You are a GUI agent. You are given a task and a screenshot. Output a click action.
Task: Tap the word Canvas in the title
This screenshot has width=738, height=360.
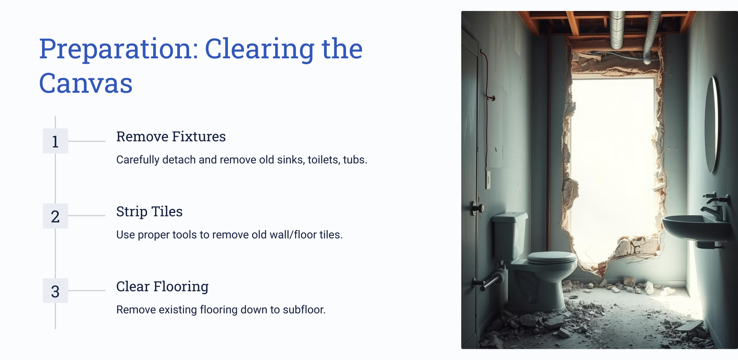[86, 83]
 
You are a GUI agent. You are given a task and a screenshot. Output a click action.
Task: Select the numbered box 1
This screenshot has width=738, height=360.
[55, 141]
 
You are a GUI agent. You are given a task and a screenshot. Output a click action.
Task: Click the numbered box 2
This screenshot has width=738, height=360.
[55, 216]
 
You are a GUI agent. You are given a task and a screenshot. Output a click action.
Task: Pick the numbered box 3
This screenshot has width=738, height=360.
[55, 290]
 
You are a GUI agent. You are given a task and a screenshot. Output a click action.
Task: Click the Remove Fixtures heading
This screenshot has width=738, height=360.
[171, 136]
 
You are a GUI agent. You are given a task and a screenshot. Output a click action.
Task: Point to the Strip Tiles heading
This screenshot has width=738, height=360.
[149, 212]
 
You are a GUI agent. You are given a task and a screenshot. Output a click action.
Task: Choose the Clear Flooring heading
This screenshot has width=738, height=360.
[162, 287]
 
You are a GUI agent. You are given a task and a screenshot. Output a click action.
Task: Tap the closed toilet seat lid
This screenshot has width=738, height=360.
[551, 257]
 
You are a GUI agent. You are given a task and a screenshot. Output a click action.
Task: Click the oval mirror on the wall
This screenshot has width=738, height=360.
[711, 125]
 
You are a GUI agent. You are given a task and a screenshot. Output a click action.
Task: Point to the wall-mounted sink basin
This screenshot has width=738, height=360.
[695, 227]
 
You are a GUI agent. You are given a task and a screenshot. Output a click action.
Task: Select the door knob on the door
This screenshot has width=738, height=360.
[477, 208]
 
